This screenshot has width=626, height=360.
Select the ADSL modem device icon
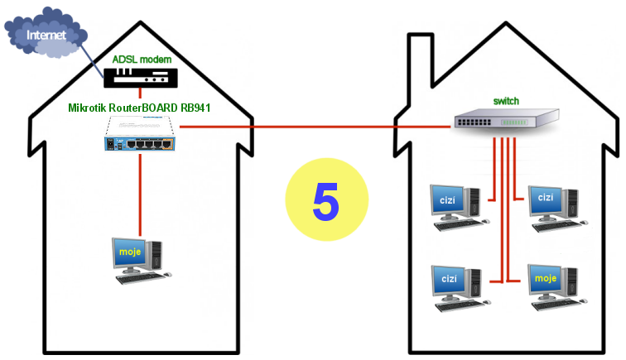coord(140,77)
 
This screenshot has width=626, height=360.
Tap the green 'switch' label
coord(506,101)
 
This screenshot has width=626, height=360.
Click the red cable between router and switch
coord(315,127)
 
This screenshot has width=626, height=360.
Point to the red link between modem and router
coord(140,93)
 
